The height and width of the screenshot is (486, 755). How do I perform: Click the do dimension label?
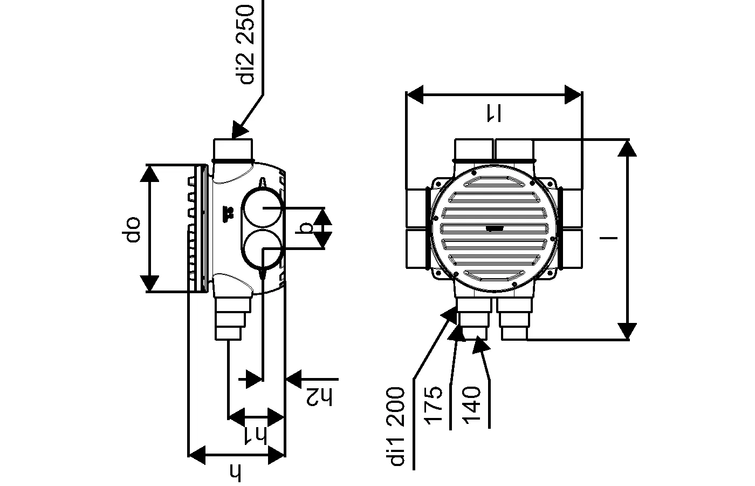click(x=133, y=230)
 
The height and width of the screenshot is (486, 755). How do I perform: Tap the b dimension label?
click(x=306, y=228)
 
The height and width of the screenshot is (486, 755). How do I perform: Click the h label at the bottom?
click(x=236, y=473)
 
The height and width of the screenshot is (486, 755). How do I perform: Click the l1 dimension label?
click(x=493, y=112)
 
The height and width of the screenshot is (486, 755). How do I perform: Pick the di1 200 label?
click(x=398, y=427)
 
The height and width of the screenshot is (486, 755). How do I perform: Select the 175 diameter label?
click(x=434, y=406)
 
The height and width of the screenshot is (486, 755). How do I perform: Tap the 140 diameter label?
click(x=472, y=406)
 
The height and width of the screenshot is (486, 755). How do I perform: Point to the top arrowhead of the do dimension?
click(x=149, y=173)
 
